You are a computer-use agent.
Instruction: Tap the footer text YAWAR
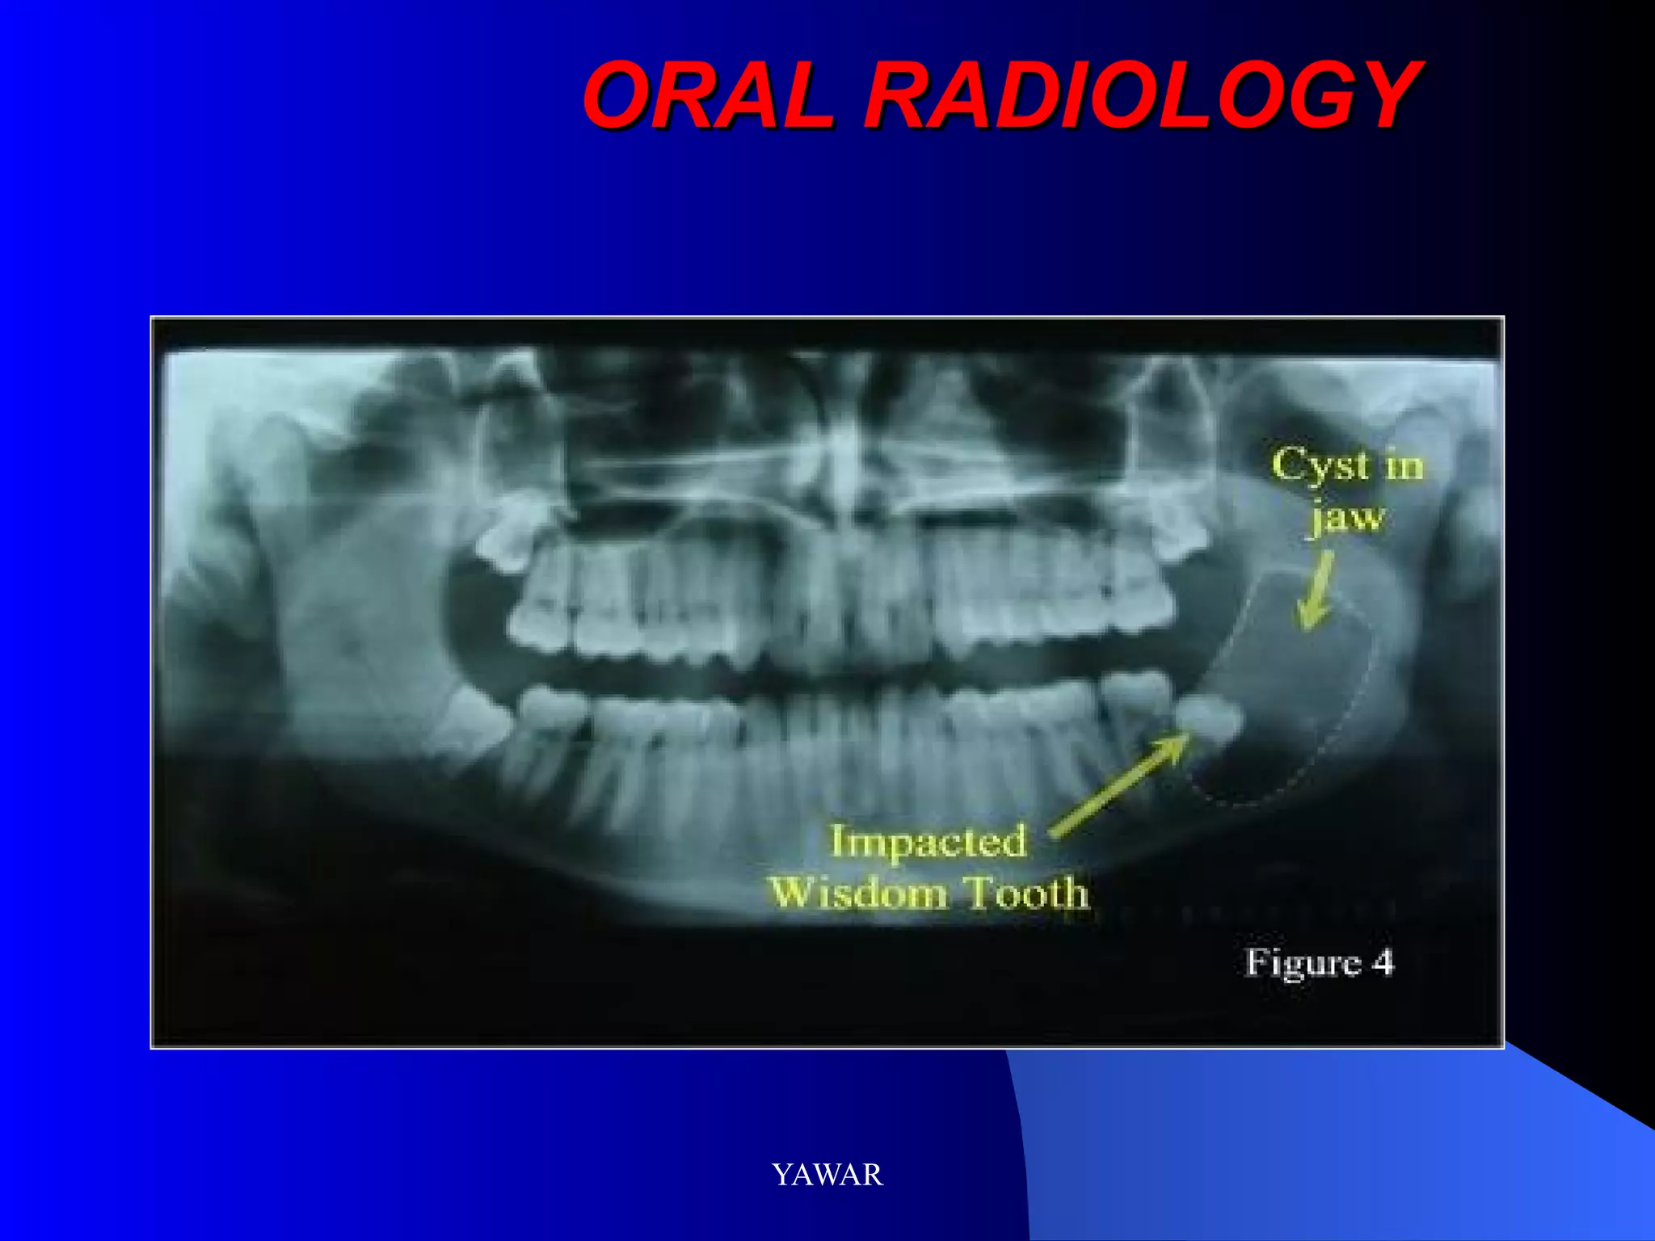click(x=827, y=1174)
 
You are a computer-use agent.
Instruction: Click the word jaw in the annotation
click(x=1347, y=518)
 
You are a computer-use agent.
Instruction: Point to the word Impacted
click(x=929, y=842)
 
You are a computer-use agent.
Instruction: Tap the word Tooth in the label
click(x=1029, y=892)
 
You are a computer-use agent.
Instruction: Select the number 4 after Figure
click(x=1383, y=962)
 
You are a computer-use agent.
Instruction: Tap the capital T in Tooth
click(x=983, y=892)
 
